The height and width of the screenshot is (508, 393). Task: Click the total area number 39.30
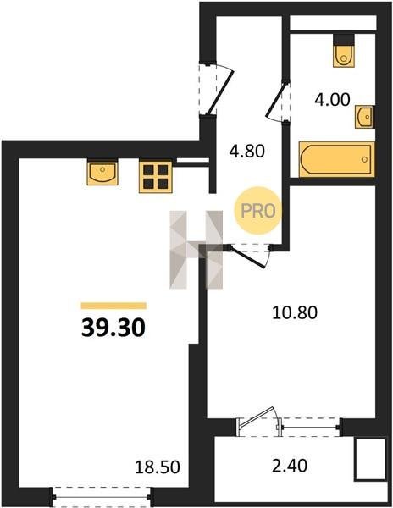click(113, 327)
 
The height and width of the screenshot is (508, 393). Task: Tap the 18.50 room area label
click(158, 467)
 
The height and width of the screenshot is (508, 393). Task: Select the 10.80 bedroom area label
click(295, 313)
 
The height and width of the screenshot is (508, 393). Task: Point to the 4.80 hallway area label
click(246, 151)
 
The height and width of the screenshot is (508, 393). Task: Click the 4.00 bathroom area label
click(332, 99)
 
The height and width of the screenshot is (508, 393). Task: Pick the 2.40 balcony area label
click(290, 466)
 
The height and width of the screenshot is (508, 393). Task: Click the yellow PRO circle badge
click(257, 211)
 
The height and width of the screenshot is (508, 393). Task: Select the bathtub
click(337, 159)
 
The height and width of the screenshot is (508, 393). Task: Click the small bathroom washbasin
click(365, 117)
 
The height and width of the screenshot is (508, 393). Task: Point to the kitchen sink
click(102, 174)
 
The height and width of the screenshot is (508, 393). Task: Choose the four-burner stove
click(156, 177)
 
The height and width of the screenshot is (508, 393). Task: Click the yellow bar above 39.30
click(113, 306)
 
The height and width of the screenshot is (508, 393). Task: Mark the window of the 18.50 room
click(101, 496)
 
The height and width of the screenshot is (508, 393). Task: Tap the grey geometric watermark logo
click(196, 250)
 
